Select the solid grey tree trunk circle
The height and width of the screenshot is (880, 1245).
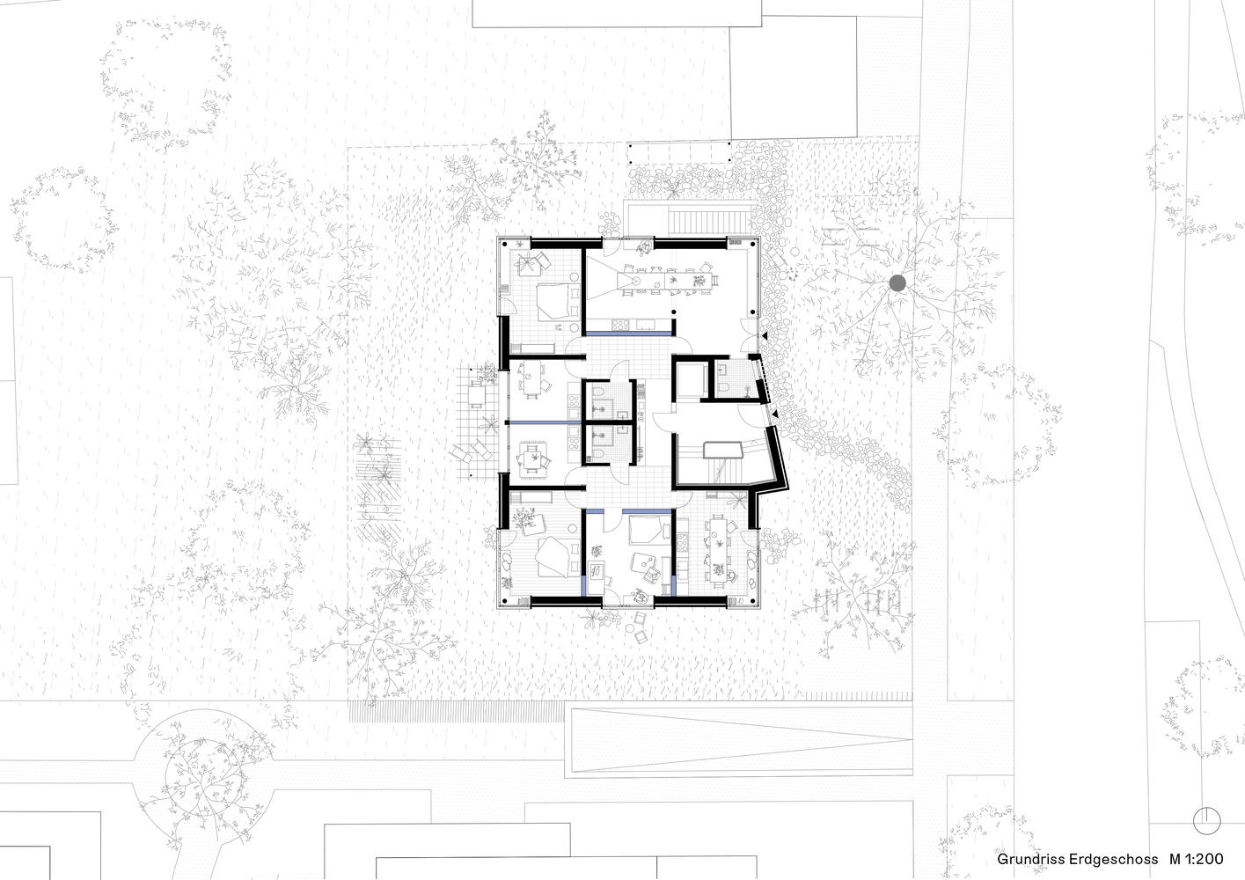[x=897, y=282]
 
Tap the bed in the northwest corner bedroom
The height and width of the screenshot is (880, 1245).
[x=554, y=299]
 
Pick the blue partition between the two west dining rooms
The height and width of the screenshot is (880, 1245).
[x=541, y=423]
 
